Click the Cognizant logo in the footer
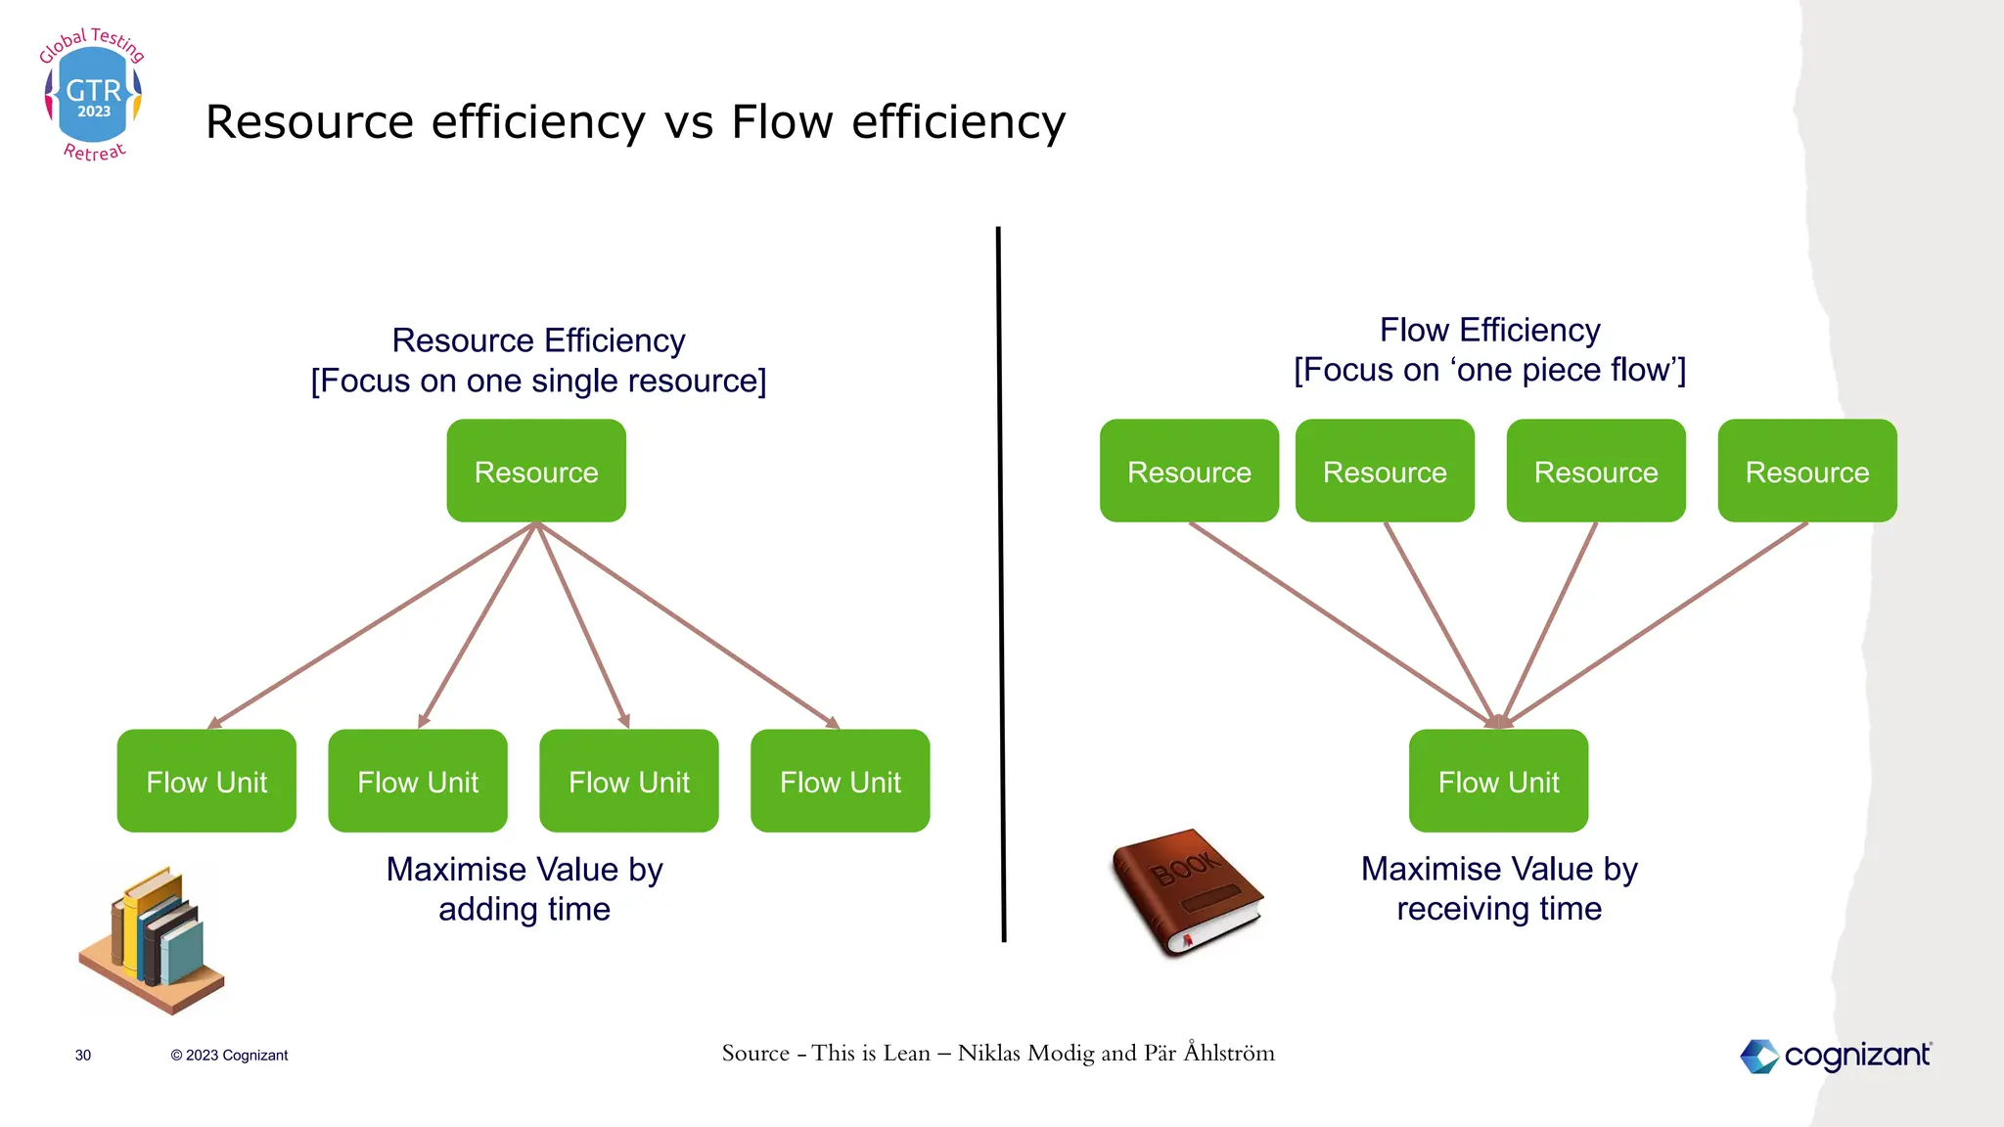1836,1056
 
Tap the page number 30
83,1056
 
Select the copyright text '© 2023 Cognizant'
229,1056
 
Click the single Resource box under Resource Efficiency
536,472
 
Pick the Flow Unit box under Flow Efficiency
1498,782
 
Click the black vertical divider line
1001,587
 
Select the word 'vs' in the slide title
689,123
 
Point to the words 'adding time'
524,910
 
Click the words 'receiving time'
1499,910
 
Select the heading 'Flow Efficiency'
1489,331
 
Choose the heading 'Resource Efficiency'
538,340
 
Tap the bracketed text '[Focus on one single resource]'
538,381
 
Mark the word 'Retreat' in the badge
95,152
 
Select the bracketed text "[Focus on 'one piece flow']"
1489,371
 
